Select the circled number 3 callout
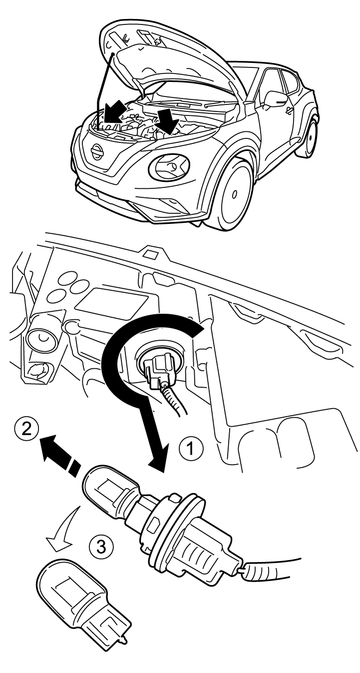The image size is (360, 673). click(x=100, y=547)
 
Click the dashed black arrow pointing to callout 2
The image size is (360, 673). click(x=61, y=455)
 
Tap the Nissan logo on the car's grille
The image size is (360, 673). click(x=97, y=151)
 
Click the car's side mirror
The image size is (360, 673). click(x=275, y=99)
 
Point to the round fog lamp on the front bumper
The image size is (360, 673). click(x=169, y=168)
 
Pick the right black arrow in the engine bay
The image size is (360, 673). click(x=166, y=120)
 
